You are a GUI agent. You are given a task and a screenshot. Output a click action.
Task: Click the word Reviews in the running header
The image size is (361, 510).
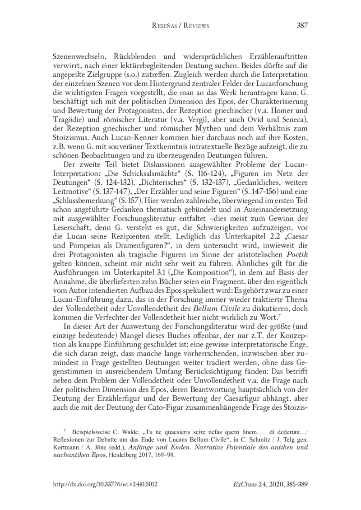pyautogui.click(x=194, y=26)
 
